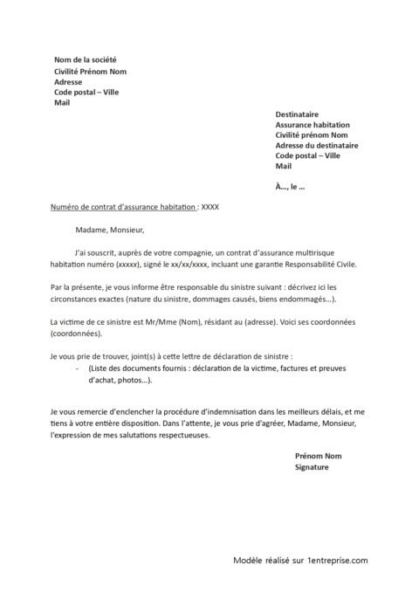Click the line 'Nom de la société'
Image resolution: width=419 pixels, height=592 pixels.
pos(85,59)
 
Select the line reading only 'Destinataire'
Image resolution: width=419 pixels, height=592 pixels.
pos(297,114)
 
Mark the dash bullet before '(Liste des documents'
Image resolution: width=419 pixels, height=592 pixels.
pos(79,369)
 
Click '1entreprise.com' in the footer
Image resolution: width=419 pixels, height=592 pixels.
pos(336,563)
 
